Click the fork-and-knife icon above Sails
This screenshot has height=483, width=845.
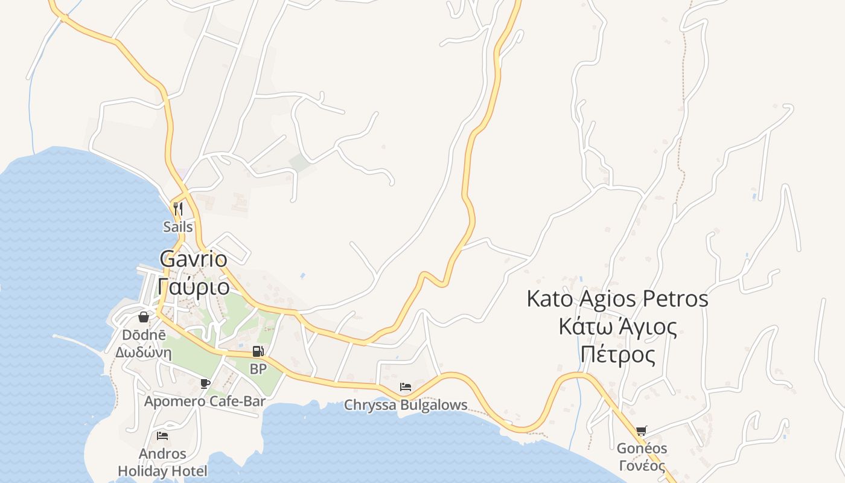[x=178, y=209]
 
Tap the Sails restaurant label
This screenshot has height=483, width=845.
[x=178, y=227]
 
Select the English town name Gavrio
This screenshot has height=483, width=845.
[x=193, y=260]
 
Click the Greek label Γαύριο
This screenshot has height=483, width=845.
[x=193, y=285]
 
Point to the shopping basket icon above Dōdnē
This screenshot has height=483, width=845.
[x=144, y=316]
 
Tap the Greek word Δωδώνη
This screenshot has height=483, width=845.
[x=144, y=352]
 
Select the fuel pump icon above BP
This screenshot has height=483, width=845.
[x=258, y=351]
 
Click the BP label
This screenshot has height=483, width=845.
[x=258, y=369]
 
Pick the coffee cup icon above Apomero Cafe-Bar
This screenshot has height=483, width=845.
[x=205, y=383]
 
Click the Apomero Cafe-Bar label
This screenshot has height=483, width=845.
[x=205, y=401]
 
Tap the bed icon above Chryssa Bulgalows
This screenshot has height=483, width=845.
[x=406, y=386]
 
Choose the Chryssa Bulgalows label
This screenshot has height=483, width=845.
[x=406, y=405]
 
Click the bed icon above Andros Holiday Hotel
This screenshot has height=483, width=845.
[x=162, y=435]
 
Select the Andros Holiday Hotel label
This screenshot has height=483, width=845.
[x=162, y=462]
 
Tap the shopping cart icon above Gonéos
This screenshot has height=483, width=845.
[x=641, y=431]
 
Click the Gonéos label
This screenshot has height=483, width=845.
[x=642, y=449]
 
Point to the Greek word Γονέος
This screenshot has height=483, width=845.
[x=642, y=466]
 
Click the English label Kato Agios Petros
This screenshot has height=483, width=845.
[x=617, y=299]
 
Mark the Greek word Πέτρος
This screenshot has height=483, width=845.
[x=617, y=354]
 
